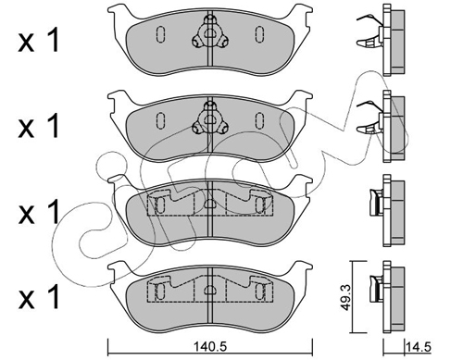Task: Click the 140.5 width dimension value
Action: click(210, 347)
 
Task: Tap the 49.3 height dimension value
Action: click(347, 298)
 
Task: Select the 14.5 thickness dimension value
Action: click(419, 347)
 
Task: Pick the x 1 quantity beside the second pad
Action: click(39, 126)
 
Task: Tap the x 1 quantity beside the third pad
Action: click(39, 212)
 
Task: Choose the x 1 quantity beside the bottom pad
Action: click(39, 297)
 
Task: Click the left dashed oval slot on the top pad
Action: click(160, 34)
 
